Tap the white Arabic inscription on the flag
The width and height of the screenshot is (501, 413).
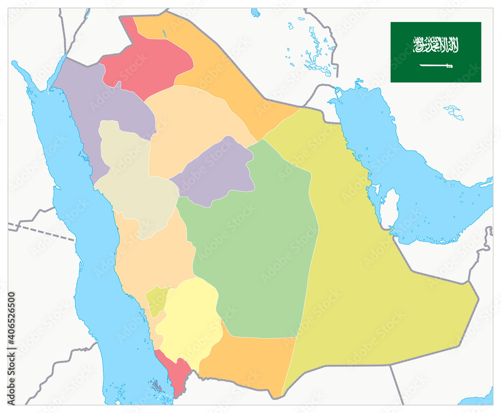(436, 45)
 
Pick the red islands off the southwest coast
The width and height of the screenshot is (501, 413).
(156, 386)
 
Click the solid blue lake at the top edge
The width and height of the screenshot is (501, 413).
(256, 12)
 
